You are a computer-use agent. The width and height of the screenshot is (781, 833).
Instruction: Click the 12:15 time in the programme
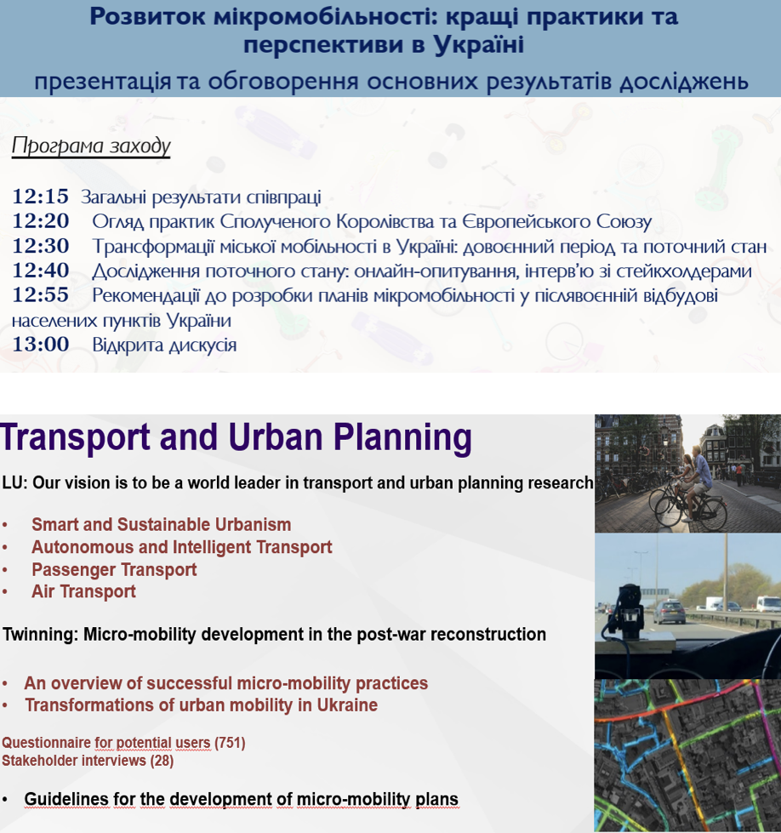40,197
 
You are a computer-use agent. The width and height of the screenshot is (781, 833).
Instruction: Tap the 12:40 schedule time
40,271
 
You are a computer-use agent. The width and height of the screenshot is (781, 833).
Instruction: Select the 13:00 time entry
40,345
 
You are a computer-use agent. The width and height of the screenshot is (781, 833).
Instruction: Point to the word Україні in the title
479,44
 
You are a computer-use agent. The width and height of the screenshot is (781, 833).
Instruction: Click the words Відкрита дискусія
164,345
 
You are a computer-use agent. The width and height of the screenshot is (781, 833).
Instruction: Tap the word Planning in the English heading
402,438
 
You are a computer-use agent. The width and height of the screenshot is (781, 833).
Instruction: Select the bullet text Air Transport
83,592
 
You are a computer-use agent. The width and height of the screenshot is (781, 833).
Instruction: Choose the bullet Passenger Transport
114,569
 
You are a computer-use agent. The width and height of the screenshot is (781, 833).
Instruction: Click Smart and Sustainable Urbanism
161,525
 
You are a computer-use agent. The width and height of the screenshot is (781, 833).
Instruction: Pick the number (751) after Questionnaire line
230,743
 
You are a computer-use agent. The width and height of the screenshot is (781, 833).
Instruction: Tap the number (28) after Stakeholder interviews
162,761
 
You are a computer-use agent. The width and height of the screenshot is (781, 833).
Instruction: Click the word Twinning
40,634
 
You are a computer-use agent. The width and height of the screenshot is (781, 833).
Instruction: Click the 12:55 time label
40,295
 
